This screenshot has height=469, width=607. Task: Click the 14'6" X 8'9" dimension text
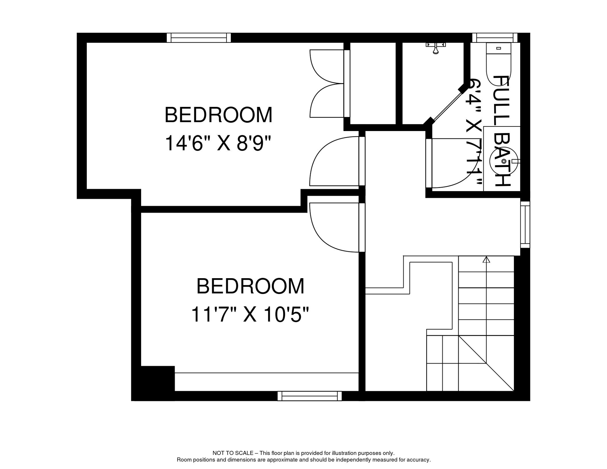[218, 144]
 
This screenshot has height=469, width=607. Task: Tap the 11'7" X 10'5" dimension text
[250, 315]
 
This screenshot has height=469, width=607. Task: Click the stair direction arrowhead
[486, 260]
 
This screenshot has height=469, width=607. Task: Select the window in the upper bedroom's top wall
[199, 38]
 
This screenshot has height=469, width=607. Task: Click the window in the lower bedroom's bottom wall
[310, 396]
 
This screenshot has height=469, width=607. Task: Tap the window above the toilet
[495, 38]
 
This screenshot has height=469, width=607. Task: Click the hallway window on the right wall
[525, 224]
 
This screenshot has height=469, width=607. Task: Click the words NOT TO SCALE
[233, 453]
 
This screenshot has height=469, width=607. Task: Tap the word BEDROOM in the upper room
[218, 115]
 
